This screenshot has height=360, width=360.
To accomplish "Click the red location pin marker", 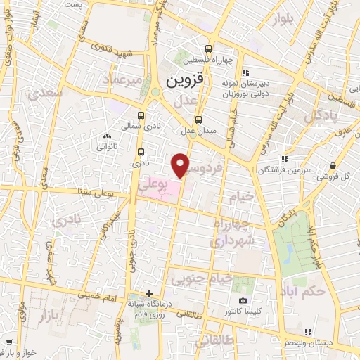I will click(181, 165).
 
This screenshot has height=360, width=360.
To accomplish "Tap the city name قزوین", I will click(184, 81).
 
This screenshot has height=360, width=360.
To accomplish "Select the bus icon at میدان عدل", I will click(198, 119).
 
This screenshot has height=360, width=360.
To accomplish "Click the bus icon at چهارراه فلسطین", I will click(208, 49).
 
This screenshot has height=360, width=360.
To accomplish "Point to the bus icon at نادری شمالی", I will click(141, 115).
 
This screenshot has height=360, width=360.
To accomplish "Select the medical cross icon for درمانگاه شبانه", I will click(149, 292).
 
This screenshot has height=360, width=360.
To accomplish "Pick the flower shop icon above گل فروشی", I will click(332, 166).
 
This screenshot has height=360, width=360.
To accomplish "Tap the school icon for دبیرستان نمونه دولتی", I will click(244, 72).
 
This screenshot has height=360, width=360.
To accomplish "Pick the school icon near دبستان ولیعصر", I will click(307, 332).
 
